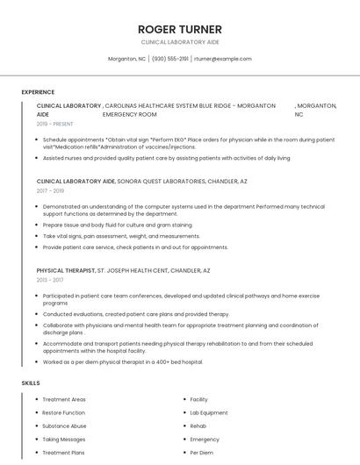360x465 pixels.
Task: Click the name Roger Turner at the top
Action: click(x=179, y=29)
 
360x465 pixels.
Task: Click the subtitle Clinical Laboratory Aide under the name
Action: click(x=179, y=42)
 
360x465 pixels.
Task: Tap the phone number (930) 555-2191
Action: click(x=169, y=59)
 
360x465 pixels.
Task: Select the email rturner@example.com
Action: click(x=223, y=59)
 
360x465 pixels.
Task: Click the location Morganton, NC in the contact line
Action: click(x=126, y=59)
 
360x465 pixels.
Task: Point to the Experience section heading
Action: click(x=38, y=92)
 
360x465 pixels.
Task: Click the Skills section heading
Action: click(x=31, y=383)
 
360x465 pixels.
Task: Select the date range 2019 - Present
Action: click(x=54, y=125)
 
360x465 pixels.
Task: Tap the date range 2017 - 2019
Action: click(x=50, y=190)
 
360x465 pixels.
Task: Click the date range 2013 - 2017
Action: click(x=50, y=280)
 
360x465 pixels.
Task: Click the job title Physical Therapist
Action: click(x=65, y=270)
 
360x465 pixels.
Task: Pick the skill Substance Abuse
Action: click(x=64, y=426)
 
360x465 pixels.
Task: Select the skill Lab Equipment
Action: click(x=208, y=412)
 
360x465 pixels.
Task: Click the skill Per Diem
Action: click(x=201, y=453)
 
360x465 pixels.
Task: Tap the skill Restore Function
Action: click(x=63, y=412)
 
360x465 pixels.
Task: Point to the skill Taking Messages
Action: click(x=63, y=440)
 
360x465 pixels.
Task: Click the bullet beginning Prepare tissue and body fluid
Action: click(x=117, y=225)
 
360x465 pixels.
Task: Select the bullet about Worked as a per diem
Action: click(x=122, y=361)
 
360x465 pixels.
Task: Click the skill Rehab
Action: click(x=198, y=426)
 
